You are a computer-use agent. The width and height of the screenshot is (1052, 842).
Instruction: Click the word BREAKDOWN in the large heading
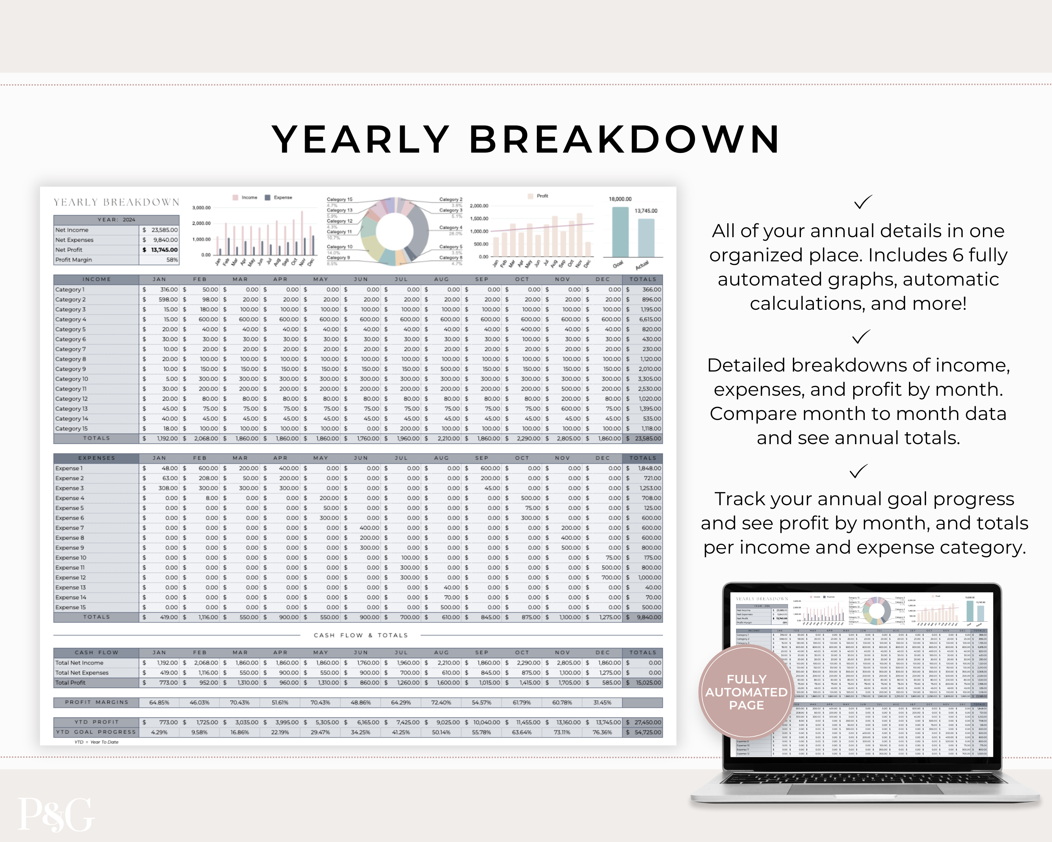tap(625, 140)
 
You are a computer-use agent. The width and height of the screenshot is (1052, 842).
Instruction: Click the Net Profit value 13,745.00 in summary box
tap(164, 250)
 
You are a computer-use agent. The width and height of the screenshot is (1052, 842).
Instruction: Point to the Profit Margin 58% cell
tap(172, 260)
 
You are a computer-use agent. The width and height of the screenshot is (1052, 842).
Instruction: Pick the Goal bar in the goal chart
tap(620, 232)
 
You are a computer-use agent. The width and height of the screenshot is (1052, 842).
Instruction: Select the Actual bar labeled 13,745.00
tap(646, 238)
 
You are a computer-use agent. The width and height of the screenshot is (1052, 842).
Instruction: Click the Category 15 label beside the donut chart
tap(339, 200)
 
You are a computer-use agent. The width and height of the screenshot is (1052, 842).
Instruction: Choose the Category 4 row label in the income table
tap(71, 319)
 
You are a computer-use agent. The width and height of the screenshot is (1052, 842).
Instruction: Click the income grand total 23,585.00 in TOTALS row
tap(647, 438)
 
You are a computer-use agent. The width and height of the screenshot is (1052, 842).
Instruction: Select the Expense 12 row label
tap(71, 577)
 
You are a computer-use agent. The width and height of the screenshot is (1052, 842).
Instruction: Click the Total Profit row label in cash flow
tap(70, 682)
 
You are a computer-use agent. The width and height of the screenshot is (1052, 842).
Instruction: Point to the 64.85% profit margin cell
tap(159, 702)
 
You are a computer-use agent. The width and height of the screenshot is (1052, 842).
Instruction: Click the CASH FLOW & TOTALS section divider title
tap(360, 635)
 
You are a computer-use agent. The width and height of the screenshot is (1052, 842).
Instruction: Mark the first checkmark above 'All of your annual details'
tap(863, 202)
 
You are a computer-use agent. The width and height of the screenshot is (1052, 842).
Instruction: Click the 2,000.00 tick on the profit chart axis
tap(479, 206)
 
